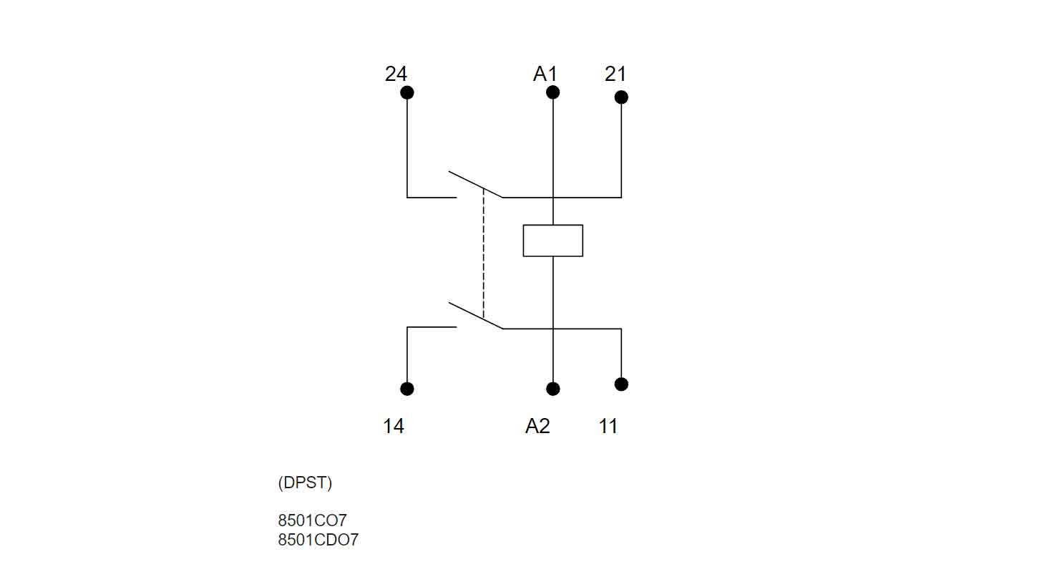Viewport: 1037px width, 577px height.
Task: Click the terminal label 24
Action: click(x=396, y=74)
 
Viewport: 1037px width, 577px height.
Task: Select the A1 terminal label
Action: click(x=545, y=74)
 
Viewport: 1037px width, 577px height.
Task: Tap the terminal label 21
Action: click(x=615, y=74)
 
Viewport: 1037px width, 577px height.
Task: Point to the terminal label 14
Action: click(x=393, y=427)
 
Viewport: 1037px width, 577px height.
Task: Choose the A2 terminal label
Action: click(x=537, y=427)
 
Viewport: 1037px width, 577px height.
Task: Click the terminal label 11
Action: click(x=608, y=427)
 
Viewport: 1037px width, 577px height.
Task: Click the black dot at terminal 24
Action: click(x=407, y=92)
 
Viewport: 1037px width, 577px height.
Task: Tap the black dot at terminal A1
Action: click(x=552, y=92)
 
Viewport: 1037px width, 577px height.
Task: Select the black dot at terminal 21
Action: click(x=621, y=97)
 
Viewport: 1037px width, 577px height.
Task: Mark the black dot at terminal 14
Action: click(x=407, y=389)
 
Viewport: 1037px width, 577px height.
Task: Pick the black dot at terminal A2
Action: click(x=552, y=389)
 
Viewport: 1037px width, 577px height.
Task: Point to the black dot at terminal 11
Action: click(x=621, y=384)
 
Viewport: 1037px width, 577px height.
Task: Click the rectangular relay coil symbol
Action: click(x=552, y=241)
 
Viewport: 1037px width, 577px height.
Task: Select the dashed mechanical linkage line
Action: click(x=484, y=254)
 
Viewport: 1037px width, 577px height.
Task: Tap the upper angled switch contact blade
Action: click(x=475, y=184)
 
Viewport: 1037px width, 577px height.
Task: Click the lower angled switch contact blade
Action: click(x=475, y=316)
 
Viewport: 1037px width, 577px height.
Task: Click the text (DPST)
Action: click(x=305, y=483)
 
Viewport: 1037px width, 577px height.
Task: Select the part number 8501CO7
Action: click(x=312, y=520)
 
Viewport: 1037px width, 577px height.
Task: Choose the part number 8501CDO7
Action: click(x=318, y=540)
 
